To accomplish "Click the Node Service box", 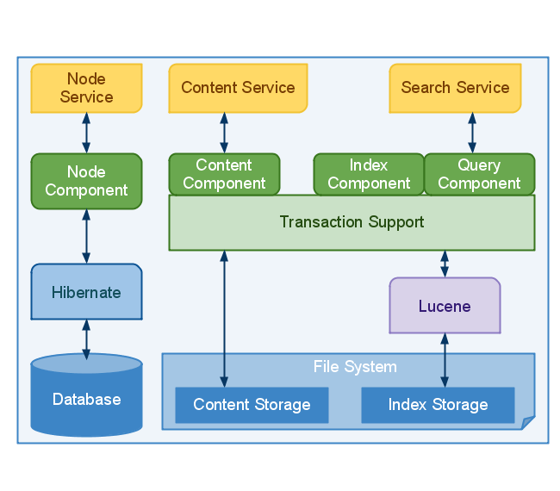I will point(86,88).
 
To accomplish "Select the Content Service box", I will point(238,88).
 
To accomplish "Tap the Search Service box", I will point(455,88).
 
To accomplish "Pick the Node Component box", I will point(86,181).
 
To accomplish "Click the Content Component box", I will point(224,174).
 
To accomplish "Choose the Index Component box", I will point(369,174).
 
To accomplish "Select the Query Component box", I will point(479,174).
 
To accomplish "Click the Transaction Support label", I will point(352,222).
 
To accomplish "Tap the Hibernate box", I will point(86,292).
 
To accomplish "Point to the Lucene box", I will point(445,306).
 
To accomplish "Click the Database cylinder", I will point(86,398).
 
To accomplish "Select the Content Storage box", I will point(252,405).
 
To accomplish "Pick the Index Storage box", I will point(438,405).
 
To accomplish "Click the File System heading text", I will point(355,367).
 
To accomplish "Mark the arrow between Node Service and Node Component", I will point(86,133).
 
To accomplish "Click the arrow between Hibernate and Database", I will point(86,339).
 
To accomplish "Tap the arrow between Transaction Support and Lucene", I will point(445,264).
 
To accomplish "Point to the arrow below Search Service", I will point(472,133).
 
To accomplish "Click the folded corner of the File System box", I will point(527,422).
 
